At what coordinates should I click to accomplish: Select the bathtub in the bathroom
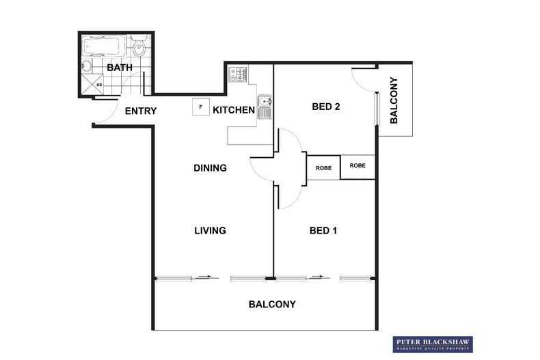pos(103,47)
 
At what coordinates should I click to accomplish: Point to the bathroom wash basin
pos(87,67)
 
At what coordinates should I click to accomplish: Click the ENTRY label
pos(141,111)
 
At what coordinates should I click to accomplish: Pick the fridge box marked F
pos(200,107)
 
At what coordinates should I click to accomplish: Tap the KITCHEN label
pos(234,110)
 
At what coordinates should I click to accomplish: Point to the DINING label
pos(210,168)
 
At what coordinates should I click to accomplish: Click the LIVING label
pos(209,231)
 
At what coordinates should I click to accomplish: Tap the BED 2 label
pos(326,107)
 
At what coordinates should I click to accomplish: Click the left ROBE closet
pos(323,167)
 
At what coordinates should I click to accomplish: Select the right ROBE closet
pos(357,166)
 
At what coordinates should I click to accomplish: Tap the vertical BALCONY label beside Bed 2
pos(394,104)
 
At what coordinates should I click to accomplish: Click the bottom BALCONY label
pos(272,304)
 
